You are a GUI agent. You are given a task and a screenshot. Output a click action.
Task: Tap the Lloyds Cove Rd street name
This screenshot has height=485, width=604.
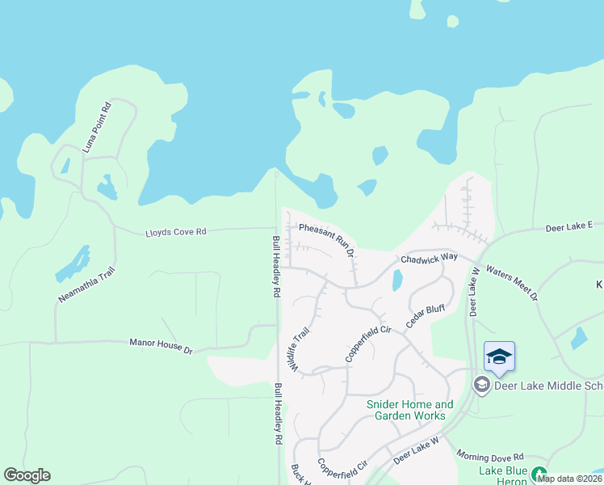pos(175,231)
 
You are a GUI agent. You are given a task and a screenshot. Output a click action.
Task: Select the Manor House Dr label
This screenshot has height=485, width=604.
pos(161,346)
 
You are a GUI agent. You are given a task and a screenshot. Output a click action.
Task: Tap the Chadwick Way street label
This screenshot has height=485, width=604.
pos(430,258)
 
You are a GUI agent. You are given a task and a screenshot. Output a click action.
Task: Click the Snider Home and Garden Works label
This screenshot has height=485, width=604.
pos(410,410)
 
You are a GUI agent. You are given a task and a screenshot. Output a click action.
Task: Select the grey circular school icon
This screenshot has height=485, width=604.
pos(481,385)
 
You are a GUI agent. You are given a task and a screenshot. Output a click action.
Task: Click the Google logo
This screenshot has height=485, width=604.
pos(27,475)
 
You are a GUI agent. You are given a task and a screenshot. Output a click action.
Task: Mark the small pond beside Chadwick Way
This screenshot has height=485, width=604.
pos(396,280)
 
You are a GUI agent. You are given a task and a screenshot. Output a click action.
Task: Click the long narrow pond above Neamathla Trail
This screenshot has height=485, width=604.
pos(74,264)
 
